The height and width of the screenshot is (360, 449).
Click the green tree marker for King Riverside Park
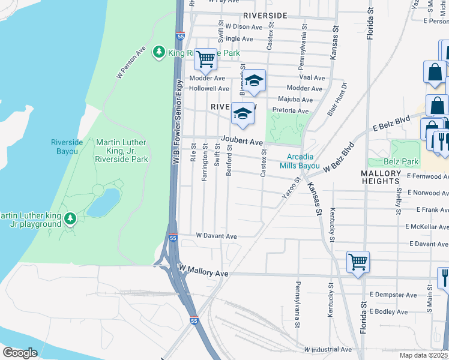point(159,52)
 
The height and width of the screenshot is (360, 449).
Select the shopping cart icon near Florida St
point(358,262)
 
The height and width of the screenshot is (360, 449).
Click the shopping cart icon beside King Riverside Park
point(206,59)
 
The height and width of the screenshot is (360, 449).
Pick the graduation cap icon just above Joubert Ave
point(242,113)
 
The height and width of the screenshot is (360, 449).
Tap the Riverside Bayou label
point(67,146)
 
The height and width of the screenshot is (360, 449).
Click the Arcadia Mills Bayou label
point(299,161)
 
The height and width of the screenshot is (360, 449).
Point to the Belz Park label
point(401,162)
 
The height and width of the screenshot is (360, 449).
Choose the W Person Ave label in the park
point(131,62)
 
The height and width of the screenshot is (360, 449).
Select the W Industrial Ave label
point(328,349)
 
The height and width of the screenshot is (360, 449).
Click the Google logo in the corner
point(20,352)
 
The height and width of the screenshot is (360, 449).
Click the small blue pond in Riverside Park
point(103,202)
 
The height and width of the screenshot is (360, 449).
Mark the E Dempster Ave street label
point(393,295)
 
